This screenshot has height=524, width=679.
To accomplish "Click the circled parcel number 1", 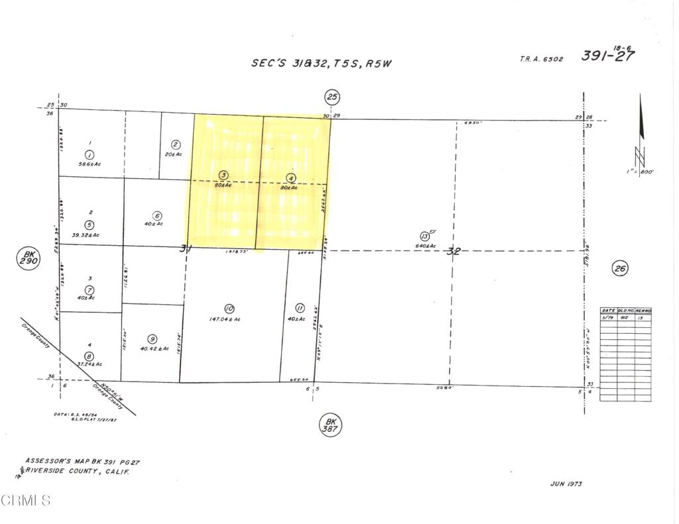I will point(90,154).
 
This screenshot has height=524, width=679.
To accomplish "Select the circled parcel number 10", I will point(229,308).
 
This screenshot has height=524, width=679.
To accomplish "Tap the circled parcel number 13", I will point(424,236).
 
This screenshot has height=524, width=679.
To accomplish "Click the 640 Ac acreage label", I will point(426,246).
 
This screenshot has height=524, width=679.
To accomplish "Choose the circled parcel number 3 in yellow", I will point(224,175).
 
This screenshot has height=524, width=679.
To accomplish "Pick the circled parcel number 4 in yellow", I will point(290,178).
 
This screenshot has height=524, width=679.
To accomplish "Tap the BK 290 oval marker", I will point(29,258).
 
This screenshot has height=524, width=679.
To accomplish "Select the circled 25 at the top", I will point(332,98).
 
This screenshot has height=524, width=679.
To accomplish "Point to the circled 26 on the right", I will point(620,268).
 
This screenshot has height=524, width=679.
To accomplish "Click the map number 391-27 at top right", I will point(607,55).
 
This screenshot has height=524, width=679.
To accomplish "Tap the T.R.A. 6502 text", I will point(541,59).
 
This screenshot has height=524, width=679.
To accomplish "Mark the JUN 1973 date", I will point(566,484).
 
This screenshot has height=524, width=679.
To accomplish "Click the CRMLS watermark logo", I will point(27,500).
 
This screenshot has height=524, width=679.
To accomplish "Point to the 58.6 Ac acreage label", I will point(89,164).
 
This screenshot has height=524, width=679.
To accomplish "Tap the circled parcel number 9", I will point(152,338).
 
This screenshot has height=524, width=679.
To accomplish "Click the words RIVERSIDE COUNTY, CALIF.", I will point(77,471).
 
